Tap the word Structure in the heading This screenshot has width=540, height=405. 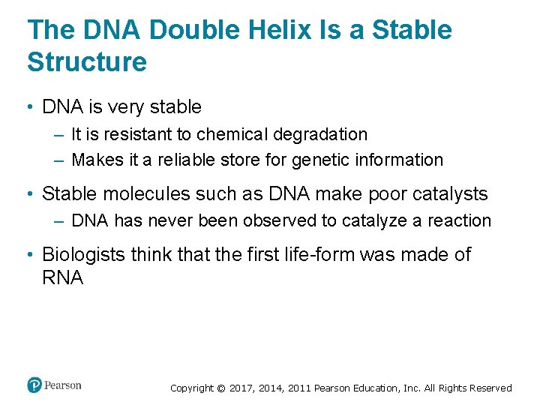tap(87, 61)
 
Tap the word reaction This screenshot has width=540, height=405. tap(461, 220)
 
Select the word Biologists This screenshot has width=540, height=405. tap(83, 254)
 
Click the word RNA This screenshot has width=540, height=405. tap(63, 278)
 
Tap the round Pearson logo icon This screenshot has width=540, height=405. tap(34, 385)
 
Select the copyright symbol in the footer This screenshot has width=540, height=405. tap(220, 388)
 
